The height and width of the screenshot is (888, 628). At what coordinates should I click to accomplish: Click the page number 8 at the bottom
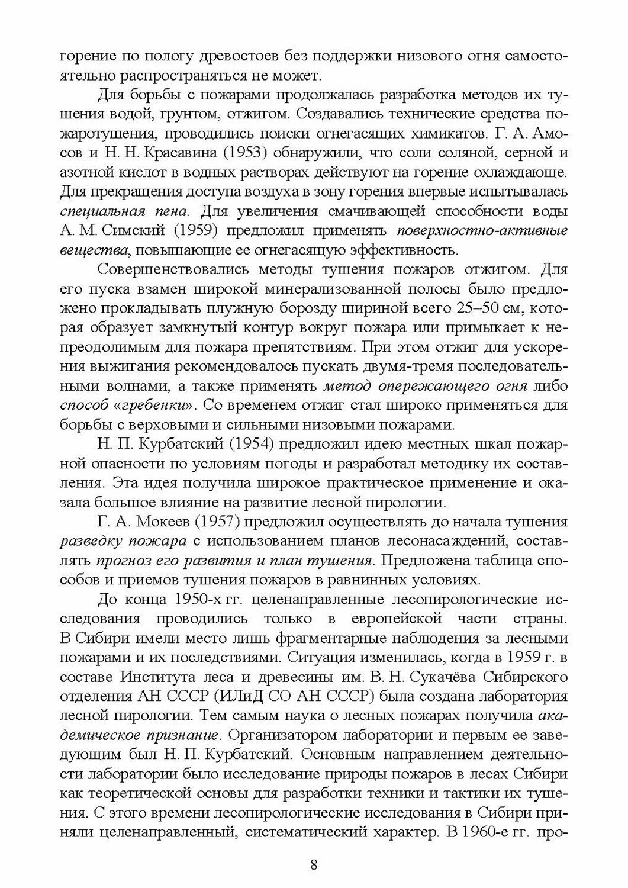314,864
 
